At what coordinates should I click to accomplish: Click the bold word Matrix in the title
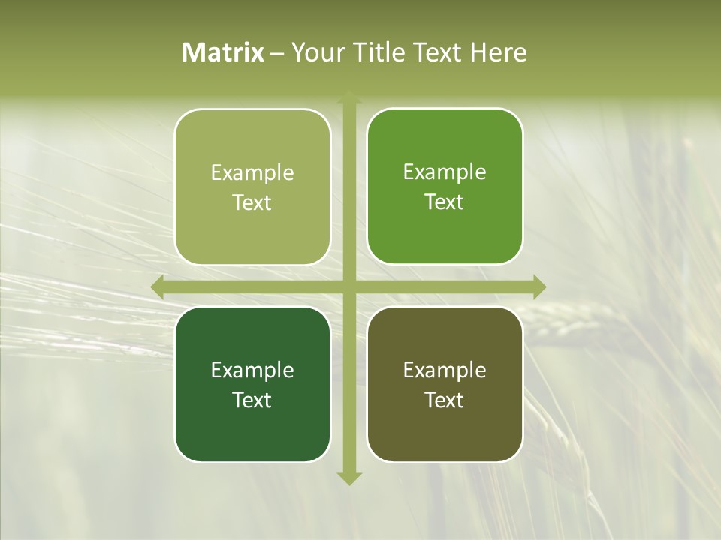[223, 52]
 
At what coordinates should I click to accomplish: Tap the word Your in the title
[314, 52]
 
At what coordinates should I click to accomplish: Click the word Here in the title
[499, 52]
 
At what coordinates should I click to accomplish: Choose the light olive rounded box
[252, 225]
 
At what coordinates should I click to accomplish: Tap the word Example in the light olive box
[252, 173]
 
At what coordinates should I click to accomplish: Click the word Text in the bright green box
[445, 202]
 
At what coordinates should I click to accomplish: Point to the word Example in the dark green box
[252, 370]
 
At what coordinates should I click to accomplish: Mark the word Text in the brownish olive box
[445, 400]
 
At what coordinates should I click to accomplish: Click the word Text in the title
[439, 52]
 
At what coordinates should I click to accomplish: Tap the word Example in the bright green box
[445, 172]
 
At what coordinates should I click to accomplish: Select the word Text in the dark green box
[252, 400]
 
